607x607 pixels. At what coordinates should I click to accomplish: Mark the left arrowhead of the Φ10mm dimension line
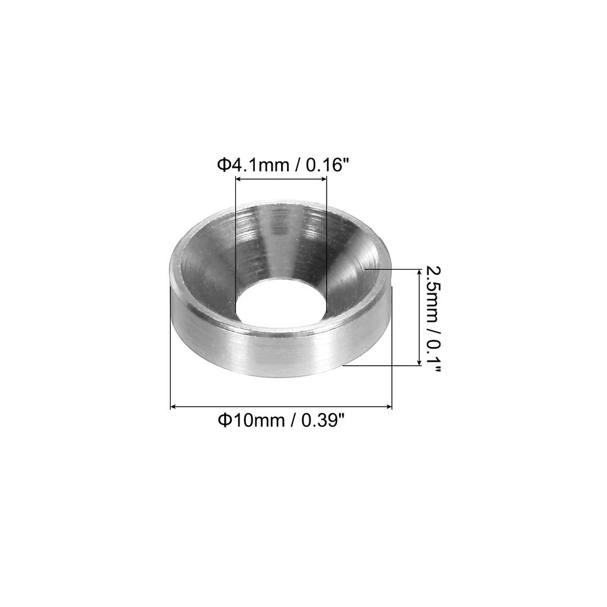(174, 407)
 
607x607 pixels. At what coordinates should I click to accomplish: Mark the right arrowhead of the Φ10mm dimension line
(389, 407)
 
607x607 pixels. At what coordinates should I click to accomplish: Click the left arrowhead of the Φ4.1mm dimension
(238, 183)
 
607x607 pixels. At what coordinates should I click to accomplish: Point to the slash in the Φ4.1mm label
(296, 164)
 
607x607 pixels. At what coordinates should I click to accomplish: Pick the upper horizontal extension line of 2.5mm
(391, 269)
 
